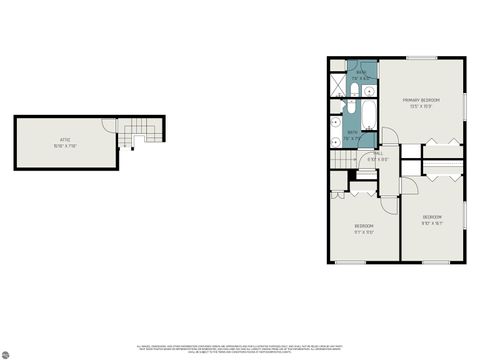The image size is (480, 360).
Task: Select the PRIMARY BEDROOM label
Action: [x=421, y=102]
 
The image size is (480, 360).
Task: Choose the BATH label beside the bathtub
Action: [x=353, y=135]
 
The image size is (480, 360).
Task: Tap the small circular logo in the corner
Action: [x=7, y=353]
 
